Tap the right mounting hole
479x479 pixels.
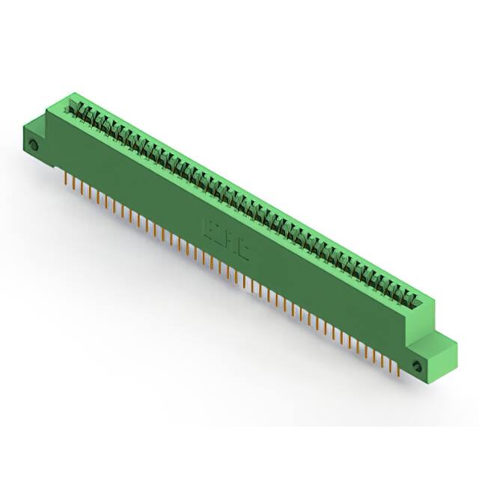417,366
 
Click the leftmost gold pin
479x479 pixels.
67,180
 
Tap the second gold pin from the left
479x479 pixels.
75,185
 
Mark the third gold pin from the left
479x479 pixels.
82,189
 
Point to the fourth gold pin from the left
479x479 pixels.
91,193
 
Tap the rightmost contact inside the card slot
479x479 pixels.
411,300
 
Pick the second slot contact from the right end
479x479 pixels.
403,296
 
